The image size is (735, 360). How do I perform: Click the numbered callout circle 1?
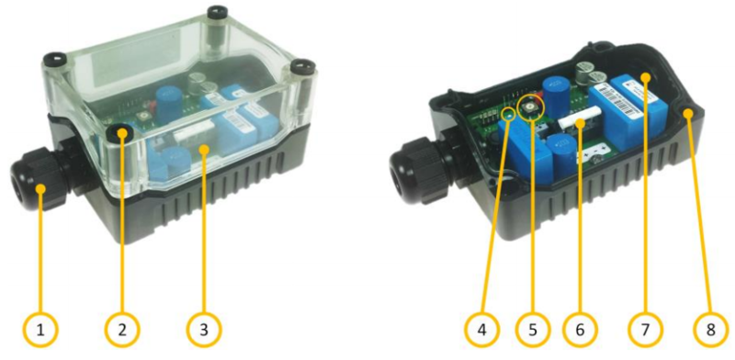[42, 326]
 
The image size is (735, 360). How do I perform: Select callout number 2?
[122, 326]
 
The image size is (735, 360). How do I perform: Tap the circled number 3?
[203, 326]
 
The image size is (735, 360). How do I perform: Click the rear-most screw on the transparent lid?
[218, 14]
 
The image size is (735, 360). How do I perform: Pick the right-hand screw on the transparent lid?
[302, 66]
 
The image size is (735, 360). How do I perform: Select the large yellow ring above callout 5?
[530, 109]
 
